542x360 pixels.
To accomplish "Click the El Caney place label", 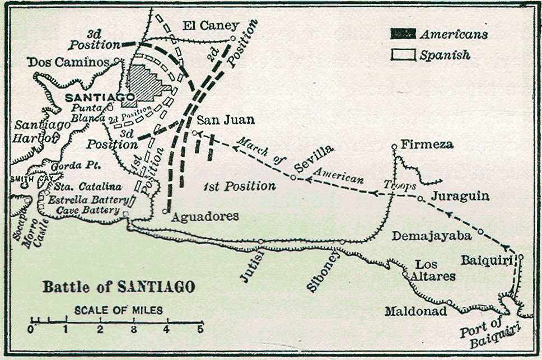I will tap(211, 26).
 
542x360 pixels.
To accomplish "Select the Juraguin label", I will tap(460, 197).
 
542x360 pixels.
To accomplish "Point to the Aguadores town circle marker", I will tap(165, 211).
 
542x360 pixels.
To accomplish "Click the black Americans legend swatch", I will tap(403, 34).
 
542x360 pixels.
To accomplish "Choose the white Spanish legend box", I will tap(403, 55).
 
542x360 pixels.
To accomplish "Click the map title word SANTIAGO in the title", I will tap(156, 288).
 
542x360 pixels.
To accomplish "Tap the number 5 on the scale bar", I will tap(200, 329).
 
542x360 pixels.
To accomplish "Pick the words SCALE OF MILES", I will tap(119, 310).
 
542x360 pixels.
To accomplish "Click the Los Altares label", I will tap(434, 270).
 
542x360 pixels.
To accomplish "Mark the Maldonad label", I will tap(415, 311).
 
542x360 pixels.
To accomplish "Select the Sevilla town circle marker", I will tap(293, 177).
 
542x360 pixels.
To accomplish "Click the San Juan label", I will tap(225, 119).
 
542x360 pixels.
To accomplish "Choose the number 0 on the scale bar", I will tap(31, 329).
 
